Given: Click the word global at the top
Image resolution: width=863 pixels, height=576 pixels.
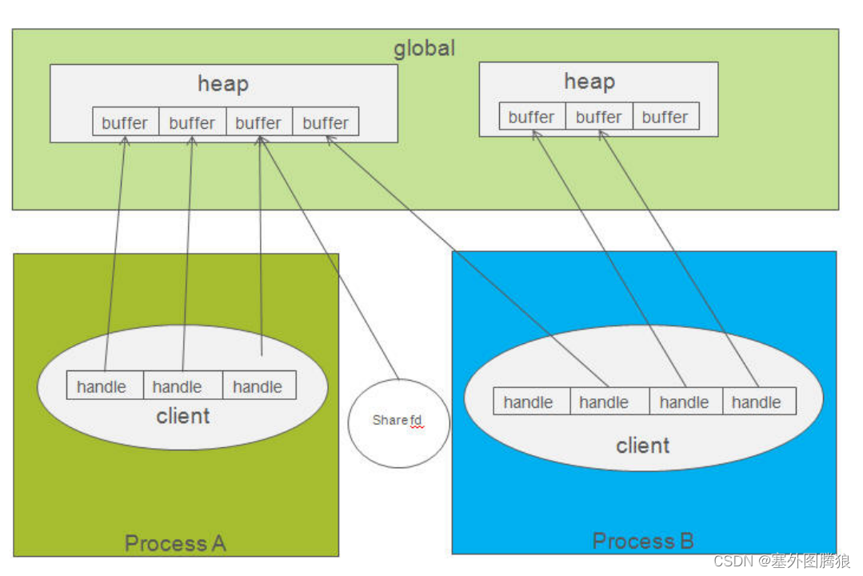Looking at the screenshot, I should [x=424, y=48].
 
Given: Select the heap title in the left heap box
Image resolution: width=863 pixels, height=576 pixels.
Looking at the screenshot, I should [x=223, y=83].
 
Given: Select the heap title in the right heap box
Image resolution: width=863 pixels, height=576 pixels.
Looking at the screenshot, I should [x=589, y=81].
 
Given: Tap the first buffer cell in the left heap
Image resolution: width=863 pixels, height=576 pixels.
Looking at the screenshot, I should [x=126, y=122].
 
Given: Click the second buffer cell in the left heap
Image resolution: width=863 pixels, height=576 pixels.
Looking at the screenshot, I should [x=192, y=122].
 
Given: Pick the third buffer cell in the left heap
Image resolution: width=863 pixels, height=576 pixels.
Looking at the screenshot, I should [x=258, y=122].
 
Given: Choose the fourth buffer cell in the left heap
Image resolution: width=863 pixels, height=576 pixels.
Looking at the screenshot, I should [x=326, y=122].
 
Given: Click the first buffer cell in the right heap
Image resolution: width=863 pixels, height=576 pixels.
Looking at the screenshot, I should [x=532, y=117].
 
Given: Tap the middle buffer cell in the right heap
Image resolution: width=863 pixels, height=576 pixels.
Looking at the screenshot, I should [x=598, y=117].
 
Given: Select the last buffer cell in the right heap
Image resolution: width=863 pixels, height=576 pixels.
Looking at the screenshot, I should [x=665, y=117].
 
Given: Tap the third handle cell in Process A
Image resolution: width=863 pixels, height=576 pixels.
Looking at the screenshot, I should [x=258, y=386].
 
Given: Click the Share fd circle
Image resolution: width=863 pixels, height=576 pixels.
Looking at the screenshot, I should [x=398, y=422].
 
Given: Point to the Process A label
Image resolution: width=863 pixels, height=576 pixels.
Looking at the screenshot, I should [x=175, y=544].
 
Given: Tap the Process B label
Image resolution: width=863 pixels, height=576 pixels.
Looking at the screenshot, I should [x=643, y=541].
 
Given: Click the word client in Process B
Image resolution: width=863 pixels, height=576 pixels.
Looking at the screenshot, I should [x=642, y=446].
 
